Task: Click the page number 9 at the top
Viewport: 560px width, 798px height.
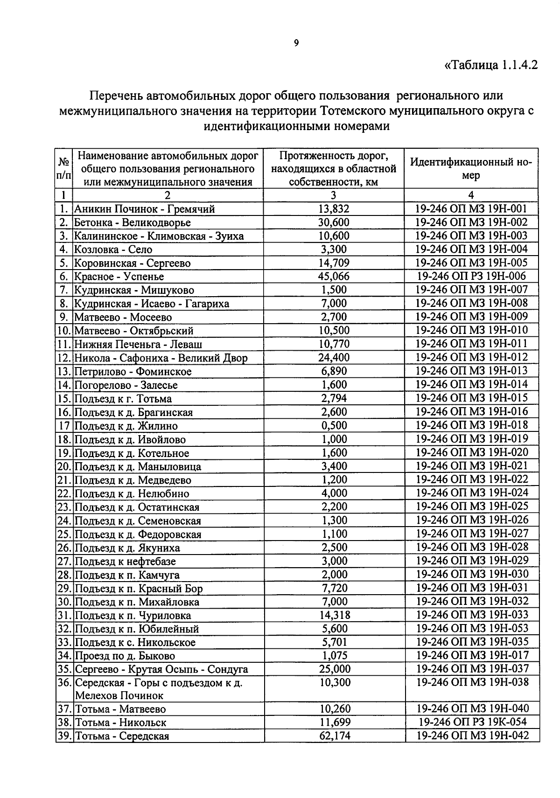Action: [296, 43]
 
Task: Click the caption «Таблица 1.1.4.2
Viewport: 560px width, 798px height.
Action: [491, 65]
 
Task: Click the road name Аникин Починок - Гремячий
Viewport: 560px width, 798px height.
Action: [145, 209]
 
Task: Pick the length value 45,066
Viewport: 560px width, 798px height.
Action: [334, 276]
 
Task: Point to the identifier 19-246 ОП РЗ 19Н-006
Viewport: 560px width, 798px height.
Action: [472, 276]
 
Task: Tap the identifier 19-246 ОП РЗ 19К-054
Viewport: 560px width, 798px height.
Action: [472, 722]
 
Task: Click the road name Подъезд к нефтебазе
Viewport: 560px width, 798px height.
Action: [126, 561]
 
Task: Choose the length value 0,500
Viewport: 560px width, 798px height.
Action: [334, 425]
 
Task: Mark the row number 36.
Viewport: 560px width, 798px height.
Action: [64, 683]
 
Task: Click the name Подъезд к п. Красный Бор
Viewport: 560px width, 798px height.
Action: [139, 588]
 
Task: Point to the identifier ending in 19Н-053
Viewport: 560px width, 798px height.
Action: [472, 628]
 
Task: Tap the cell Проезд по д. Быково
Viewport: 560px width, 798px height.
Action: [125, 656]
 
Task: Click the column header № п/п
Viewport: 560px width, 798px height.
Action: [64, 169]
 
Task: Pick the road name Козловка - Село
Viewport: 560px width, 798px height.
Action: [113, 250]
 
